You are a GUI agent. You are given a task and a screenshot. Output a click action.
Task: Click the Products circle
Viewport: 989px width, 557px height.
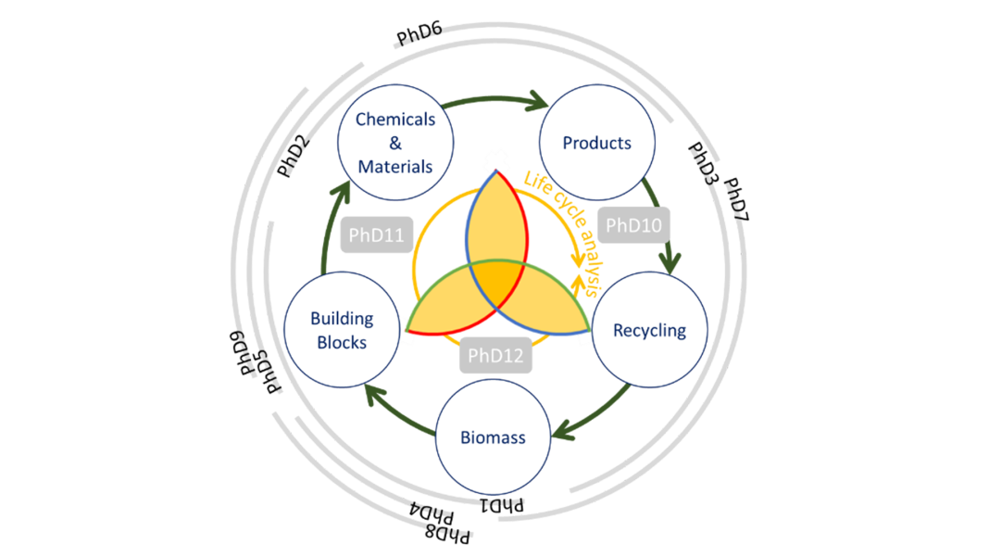point(597,143)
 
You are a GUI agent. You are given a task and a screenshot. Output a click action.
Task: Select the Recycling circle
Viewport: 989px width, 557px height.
point(649,330)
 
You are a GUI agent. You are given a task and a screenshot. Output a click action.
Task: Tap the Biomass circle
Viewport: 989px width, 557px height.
point(493,437)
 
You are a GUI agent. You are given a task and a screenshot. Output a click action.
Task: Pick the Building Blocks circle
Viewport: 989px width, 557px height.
point(341,330)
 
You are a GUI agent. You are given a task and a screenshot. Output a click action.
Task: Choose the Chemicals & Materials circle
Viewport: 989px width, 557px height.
point(395,143)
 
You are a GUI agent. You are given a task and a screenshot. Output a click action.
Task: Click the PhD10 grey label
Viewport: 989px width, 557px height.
point(634,225)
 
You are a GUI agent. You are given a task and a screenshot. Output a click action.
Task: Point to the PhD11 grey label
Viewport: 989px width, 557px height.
point(376,235)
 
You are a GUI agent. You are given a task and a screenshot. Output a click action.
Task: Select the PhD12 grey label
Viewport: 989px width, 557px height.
point(495,355)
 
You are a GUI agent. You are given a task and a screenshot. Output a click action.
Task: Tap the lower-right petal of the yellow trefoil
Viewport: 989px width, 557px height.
point(546,306)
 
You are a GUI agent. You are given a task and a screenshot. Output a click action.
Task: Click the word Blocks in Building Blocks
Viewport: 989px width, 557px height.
point(342,342)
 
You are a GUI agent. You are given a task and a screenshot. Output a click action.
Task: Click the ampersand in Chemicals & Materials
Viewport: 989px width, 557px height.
point(395,144)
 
